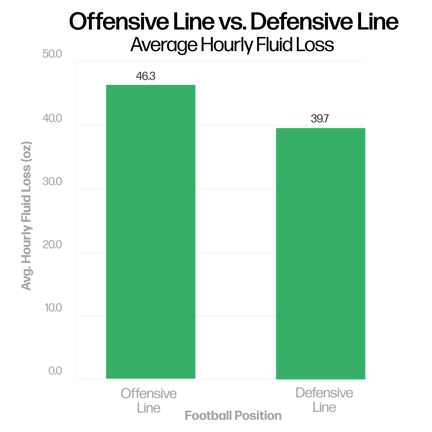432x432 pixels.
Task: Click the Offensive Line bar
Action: pyautogui.click(x=150, y=232)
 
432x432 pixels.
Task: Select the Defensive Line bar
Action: pyautogui.click(x=320, y=253)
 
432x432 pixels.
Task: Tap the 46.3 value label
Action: pyautogui.click(x=145, y=76)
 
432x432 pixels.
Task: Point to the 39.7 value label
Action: pyautogui.click(x=320, y=119)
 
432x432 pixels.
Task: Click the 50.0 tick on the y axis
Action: pyautogui.click(x=52, y=54)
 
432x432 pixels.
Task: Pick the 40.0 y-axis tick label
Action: pyautogui.click(x=52, y=118)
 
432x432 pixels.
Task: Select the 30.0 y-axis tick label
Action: pyautogui.click(x=52, y=181)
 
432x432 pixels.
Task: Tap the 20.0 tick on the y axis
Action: pyautogui.click(x=52, y=245)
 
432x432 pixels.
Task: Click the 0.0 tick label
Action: pyautogui.click(x=55, y=371)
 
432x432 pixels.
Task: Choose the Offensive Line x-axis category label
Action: pyautogui.click(x=149, y=400)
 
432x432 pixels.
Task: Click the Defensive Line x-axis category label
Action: pyautogui.click(x=324, y=400)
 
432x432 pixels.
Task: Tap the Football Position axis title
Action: pyautogui.click(x=233, y=416)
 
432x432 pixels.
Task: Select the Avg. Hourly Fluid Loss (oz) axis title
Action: pyautogui.click(x=26, y=216)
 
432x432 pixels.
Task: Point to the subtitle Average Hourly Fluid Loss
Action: pyautogui.click(x=232, y=45)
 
